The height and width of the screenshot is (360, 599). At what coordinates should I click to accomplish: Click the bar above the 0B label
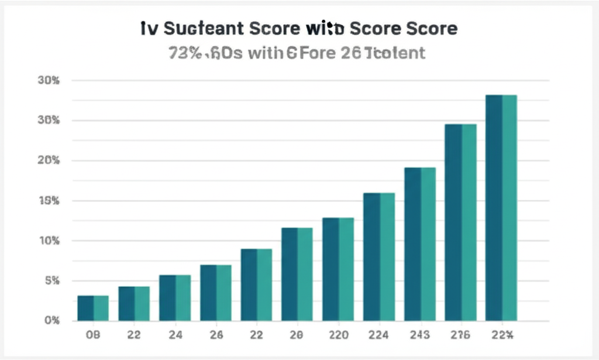93,308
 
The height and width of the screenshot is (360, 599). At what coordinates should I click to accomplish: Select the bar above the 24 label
175,297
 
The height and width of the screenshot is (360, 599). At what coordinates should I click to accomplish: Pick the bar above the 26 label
216,293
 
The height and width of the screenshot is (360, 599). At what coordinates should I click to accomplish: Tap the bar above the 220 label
338,269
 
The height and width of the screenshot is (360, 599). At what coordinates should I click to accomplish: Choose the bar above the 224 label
379,256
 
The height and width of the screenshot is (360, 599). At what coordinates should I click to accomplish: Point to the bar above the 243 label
420,244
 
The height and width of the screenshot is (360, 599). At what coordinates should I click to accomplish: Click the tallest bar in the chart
501,208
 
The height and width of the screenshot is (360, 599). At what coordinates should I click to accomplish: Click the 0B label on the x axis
93,335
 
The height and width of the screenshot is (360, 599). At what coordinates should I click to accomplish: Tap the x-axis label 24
175,335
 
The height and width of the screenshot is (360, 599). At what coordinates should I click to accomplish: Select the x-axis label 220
338,335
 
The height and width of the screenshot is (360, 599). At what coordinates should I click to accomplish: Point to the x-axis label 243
420,335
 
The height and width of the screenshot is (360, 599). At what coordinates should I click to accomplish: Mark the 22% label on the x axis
502,335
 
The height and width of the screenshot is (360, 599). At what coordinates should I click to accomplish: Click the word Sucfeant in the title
199,29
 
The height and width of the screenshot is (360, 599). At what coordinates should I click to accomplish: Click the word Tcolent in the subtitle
394,54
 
